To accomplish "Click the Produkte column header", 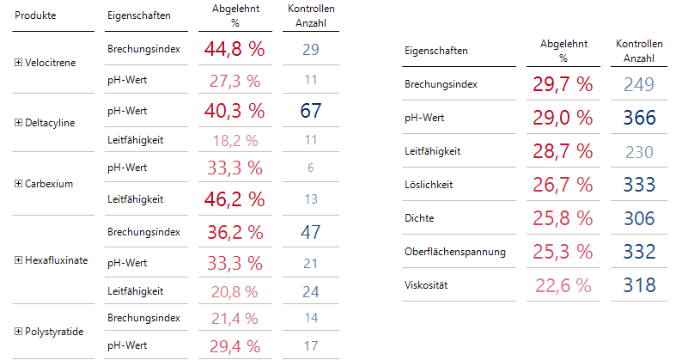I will click(37, 16).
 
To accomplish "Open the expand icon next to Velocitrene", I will click(20, 63).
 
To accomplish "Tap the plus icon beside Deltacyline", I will click(20, 123).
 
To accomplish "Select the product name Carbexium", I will click(49, 184).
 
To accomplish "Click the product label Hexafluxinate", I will click(57, 260).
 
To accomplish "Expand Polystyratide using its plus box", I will click(20, 330).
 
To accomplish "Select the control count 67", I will click(310, 110).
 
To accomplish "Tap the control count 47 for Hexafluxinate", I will click(310, 231).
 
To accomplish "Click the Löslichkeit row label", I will click(428, 185).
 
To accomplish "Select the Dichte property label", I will click(418, 218).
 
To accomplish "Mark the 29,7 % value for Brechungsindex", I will click(563, 84).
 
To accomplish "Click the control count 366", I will click(639, 118).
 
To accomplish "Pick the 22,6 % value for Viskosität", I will click(563, 285).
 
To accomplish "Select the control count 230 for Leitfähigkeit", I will click(639, 151).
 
